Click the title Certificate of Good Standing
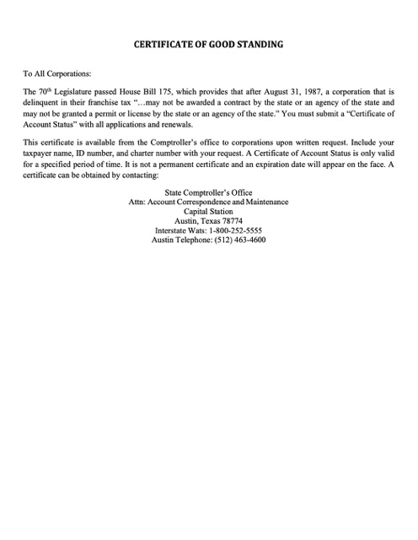(209, 42)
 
